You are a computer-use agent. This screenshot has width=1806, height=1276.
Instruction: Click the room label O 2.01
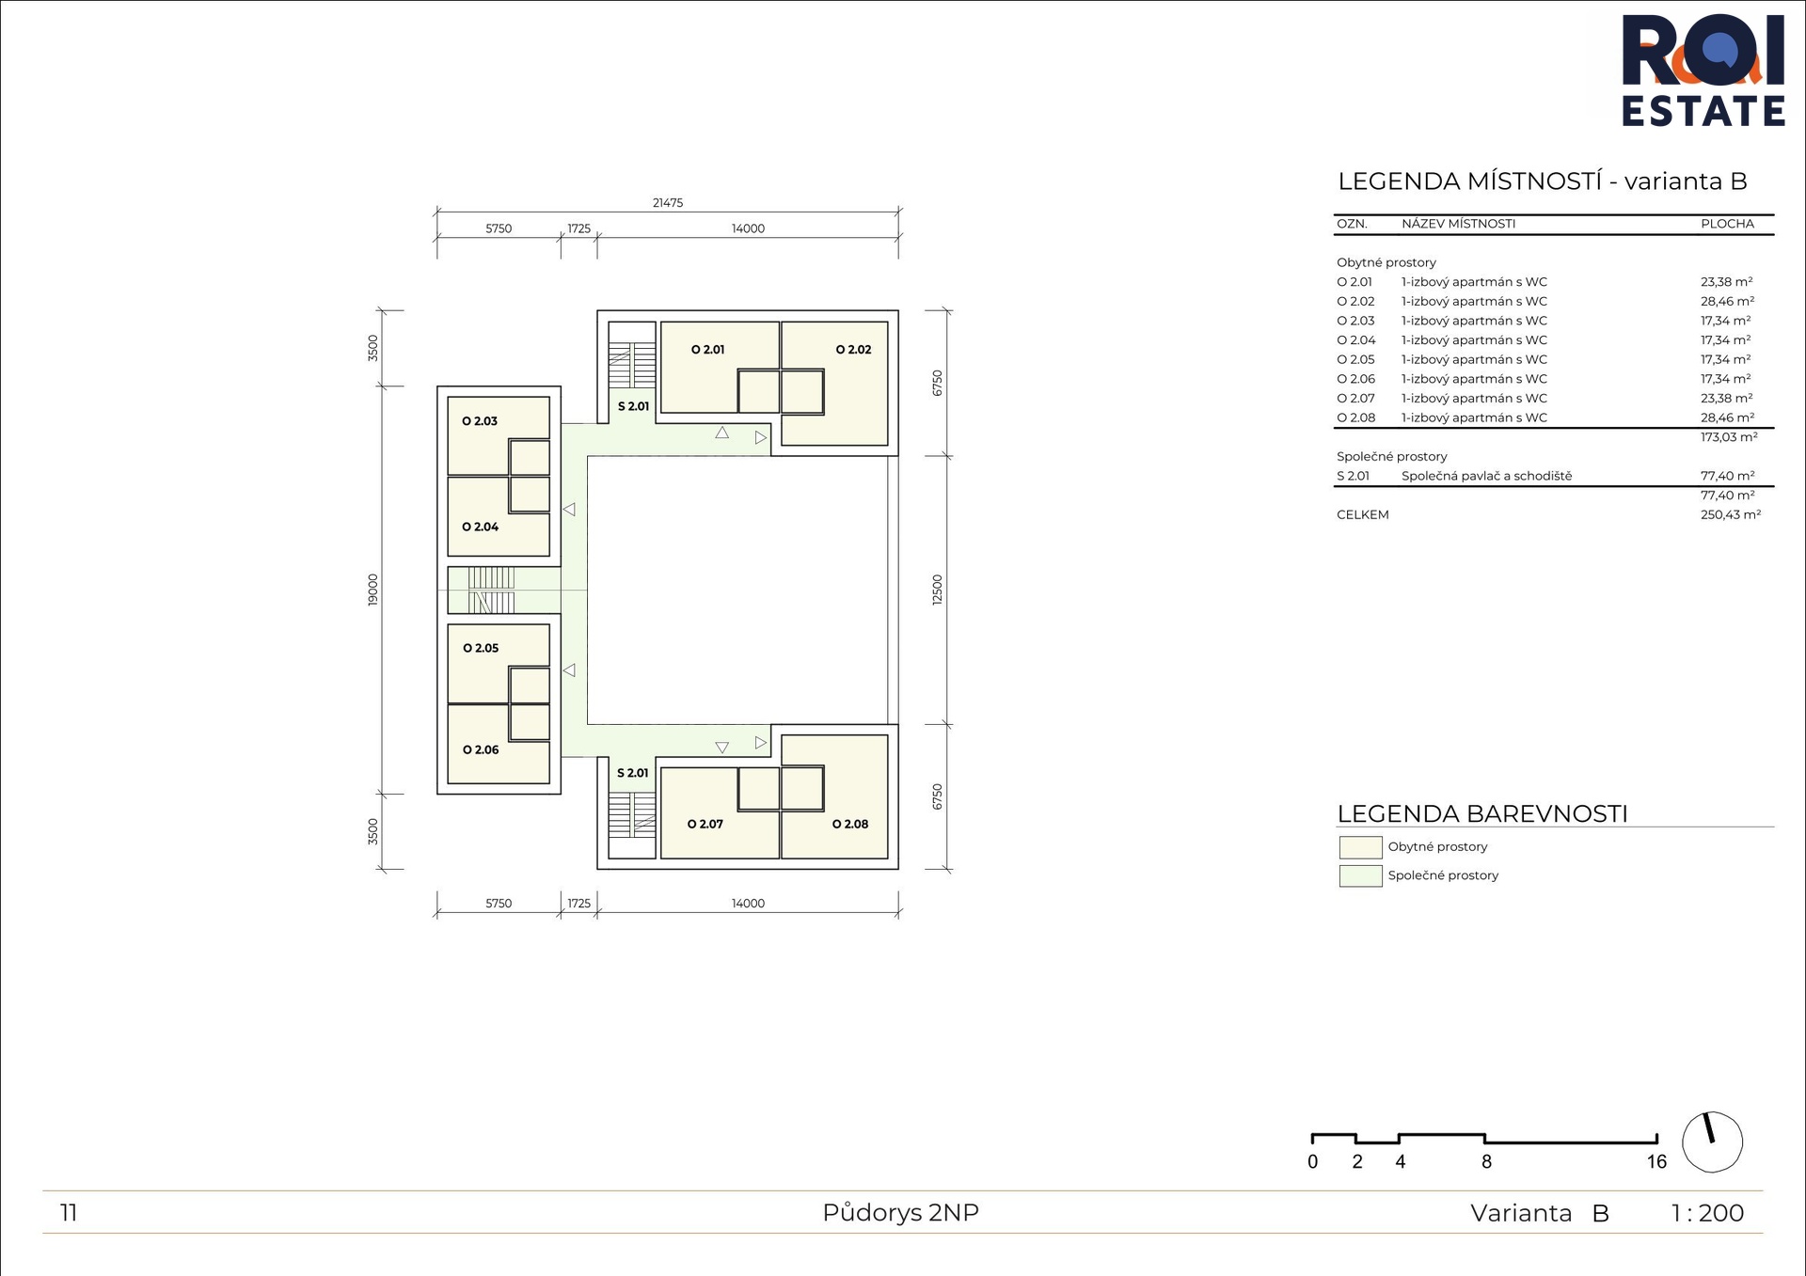pos(707,350)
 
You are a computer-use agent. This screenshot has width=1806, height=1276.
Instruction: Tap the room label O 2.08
pos(850,824)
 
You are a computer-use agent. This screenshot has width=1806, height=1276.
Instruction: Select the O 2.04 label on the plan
pos(480,527)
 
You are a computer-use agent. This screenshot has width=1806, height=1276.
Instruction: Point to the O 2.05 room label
pos(480,648)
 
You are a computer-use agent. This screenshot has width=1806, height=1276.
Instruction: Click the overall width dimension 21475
pos(668,202)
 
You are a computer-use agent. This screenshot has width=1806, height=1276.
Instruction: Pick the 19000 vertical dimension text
pos(372,590)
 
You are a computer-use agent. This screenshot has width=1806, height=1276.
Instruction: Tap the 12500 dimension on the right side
pos(937,590)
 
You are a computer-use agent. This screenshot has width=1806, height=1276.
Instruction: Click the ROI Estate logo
pos(1703,71)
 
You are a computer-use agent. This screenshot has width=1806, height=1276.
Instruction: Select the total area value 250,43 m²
pos(1730,514)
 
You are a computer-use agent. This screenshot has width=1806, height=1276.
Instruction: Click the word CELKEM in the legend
pos(1362,514)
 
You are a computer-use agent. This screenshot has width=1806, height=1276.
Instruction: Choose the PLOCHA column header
pos(1727,224)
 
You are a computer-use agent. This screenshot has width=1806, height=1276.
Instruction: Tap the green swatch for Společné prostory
pos(1360,876)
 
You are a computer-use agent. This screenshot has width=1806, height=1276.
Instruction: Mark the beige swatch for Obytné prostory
pos(1360,847)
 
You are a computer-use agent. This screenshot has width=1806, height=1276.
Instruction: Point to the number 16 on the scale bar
pos(1656,1161)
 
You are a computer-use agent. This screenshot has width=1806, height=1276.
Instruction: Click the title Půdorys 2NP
pos(900,1212)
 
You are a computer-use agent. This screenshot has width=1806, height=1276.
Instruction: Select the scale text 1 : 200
pos(1707,1213)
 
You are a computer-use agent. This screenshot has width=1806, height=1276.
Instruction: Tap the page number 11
pos(69,1213)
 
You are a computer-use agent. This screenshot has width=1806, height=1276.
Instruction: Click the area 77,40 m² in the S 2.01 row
pos(1727,476)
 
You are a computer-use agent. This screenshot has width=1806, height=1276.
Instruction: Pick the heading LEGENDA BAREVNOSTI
pos(1482,813)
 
